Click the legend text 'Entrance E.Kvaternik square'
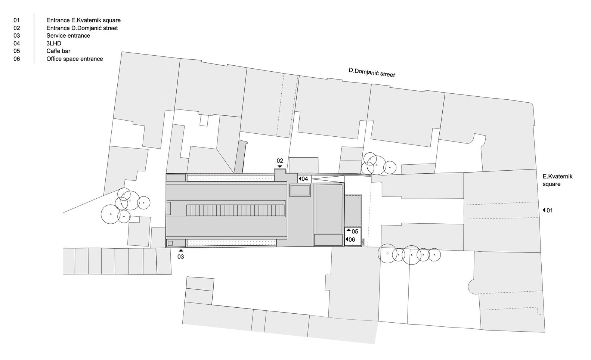(83, 20)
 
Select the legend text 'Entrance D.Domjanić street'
(82, 28)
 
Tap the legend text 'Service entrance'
(68, 36)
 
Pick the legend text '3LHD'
(54, 43)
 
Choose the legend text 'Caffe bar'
(58, 51)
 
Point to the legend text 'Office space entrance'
(74, 59)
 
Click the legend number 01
(16, 20)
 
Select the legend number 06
(16, 59)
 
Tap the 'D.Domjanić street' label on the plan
(371, 72)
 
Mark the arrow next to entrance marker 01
(544, 210)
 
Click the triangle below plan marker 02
(280, 167)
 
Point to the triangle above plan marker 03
(181, 250)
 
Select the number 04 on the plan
(305, 179)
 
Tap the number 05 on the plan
(355, 232)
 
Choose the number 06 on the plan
(352, 239)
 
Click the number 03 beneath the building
(181, 257)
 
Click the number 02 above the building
(280, 161)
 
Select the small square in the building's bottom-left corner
(170, 243)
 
